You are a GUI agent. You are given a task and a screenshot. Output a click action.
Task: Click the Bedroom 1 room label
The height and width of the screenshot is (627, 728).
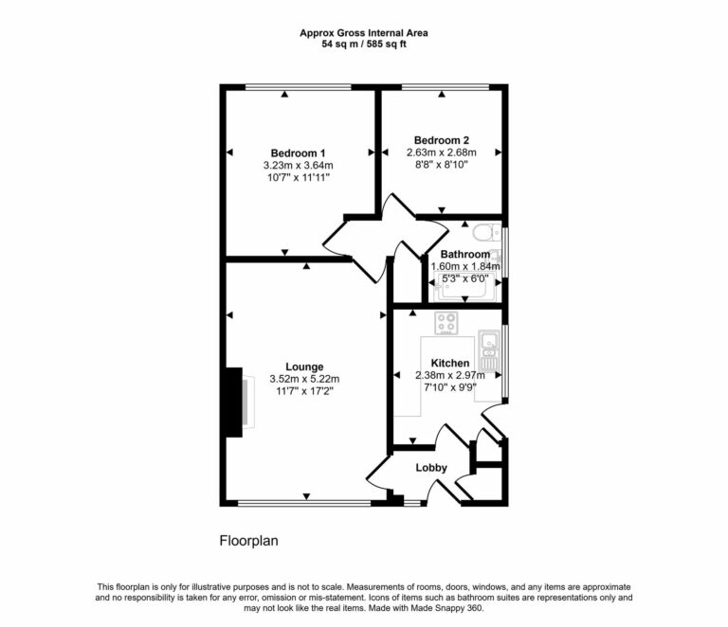coord(298,153)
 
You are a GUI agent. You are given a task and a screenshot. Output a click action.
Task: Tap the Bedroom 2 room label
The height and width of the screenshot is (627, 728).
coord(441,139)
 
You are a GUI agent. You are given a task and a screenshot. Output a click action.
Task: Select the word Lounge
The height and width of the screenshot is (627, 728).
coord(304,367)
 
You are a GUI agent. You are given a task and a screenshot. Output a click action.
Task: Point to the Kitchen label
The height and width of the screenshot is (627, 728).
coord(449,363)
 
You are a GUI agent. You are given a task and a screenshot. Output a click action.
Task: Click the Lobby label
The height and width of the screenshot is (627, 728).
coord(430,468)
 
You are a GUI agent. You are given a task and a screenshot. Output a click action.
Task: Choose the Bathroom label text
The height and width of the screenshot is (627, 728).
coord(464,254)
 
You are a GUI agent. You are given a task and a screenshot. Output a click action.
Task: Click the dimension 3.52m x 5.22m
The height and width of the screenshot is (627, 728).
coord(304,378)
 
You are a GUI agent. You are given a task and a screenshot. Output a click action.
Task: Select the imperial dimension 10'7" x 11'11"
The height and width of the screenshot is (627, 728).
coord(298,177)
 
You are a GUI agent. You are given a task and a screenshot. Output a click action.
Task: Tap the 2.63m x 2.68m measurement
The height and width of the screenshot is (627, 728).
coord(441,152)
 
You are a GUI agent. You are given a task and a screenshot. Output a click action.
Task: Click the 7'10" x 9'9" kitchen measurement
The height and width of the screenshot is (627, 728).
coord(449,386)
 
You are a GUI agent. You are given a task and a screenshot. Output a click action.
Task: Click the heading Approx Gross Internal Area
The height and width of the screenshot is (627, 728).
coord(364,32)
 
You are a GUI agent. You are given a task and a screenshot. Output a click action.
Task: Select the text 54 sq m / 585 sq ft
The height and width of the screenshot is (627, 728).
coord(364,44)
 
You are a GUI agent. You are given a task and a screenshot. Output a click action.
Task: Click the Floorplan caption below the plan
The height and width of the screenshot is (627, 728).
coord(248,541)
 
